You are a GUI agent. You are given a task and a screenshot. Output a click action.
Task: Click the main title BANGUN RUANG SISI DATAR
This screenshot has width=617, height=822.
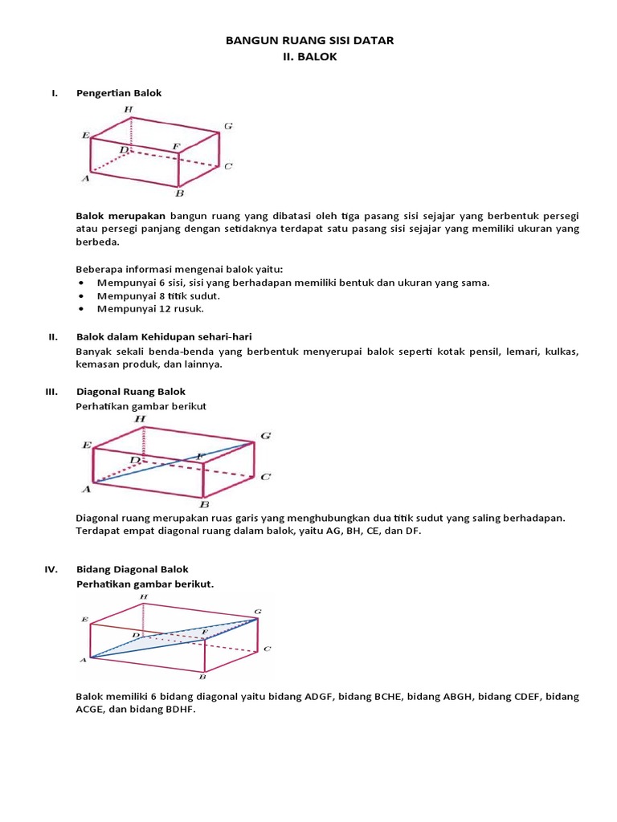point(308,40)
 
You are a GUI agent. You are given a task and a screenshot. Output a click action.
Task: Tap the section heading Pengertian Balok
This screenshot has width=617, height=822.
point(119,93)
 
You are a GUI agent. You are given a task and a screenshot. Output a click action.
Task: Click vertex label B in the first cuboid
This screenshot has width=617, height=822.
point(179,193)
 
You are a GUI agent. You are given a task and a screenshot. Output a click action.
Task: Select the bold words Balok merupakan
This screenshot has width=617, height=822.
point(121,216)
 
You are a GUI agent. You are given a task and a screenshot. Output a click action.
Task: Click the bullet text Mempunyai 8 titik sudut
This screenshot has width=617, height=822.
point(158,295)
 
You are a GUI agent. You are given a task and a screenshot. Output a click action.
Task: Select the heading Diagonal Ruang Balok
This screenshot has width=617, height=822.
point(131,392)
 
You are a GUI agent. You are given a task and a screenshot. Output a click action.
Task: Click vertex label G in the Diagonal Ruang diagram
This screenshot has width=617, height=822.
point(265,436)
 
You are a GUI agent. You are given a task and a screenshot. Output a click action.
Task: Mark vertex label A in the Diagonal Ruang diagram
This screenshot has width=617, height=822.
point(84,487)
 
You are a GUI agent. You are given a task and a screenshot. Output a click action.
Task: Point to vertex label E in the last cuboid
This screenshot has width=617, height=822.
point(84,620)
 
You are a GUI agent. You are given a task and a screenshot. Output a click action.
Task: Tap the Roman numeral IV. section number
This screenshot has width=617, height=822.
point(51,569)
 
